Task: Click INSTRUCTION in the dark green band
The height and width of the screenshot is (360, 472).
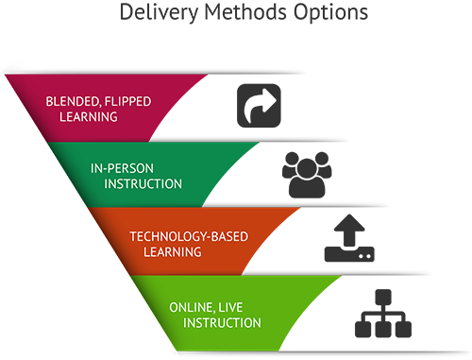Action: point(136,183)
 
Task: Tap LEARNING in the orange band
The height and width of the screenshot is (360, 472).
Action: point(172,252)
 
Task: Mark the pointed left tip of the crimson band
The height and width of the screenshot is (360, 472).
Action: point(7,77)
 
